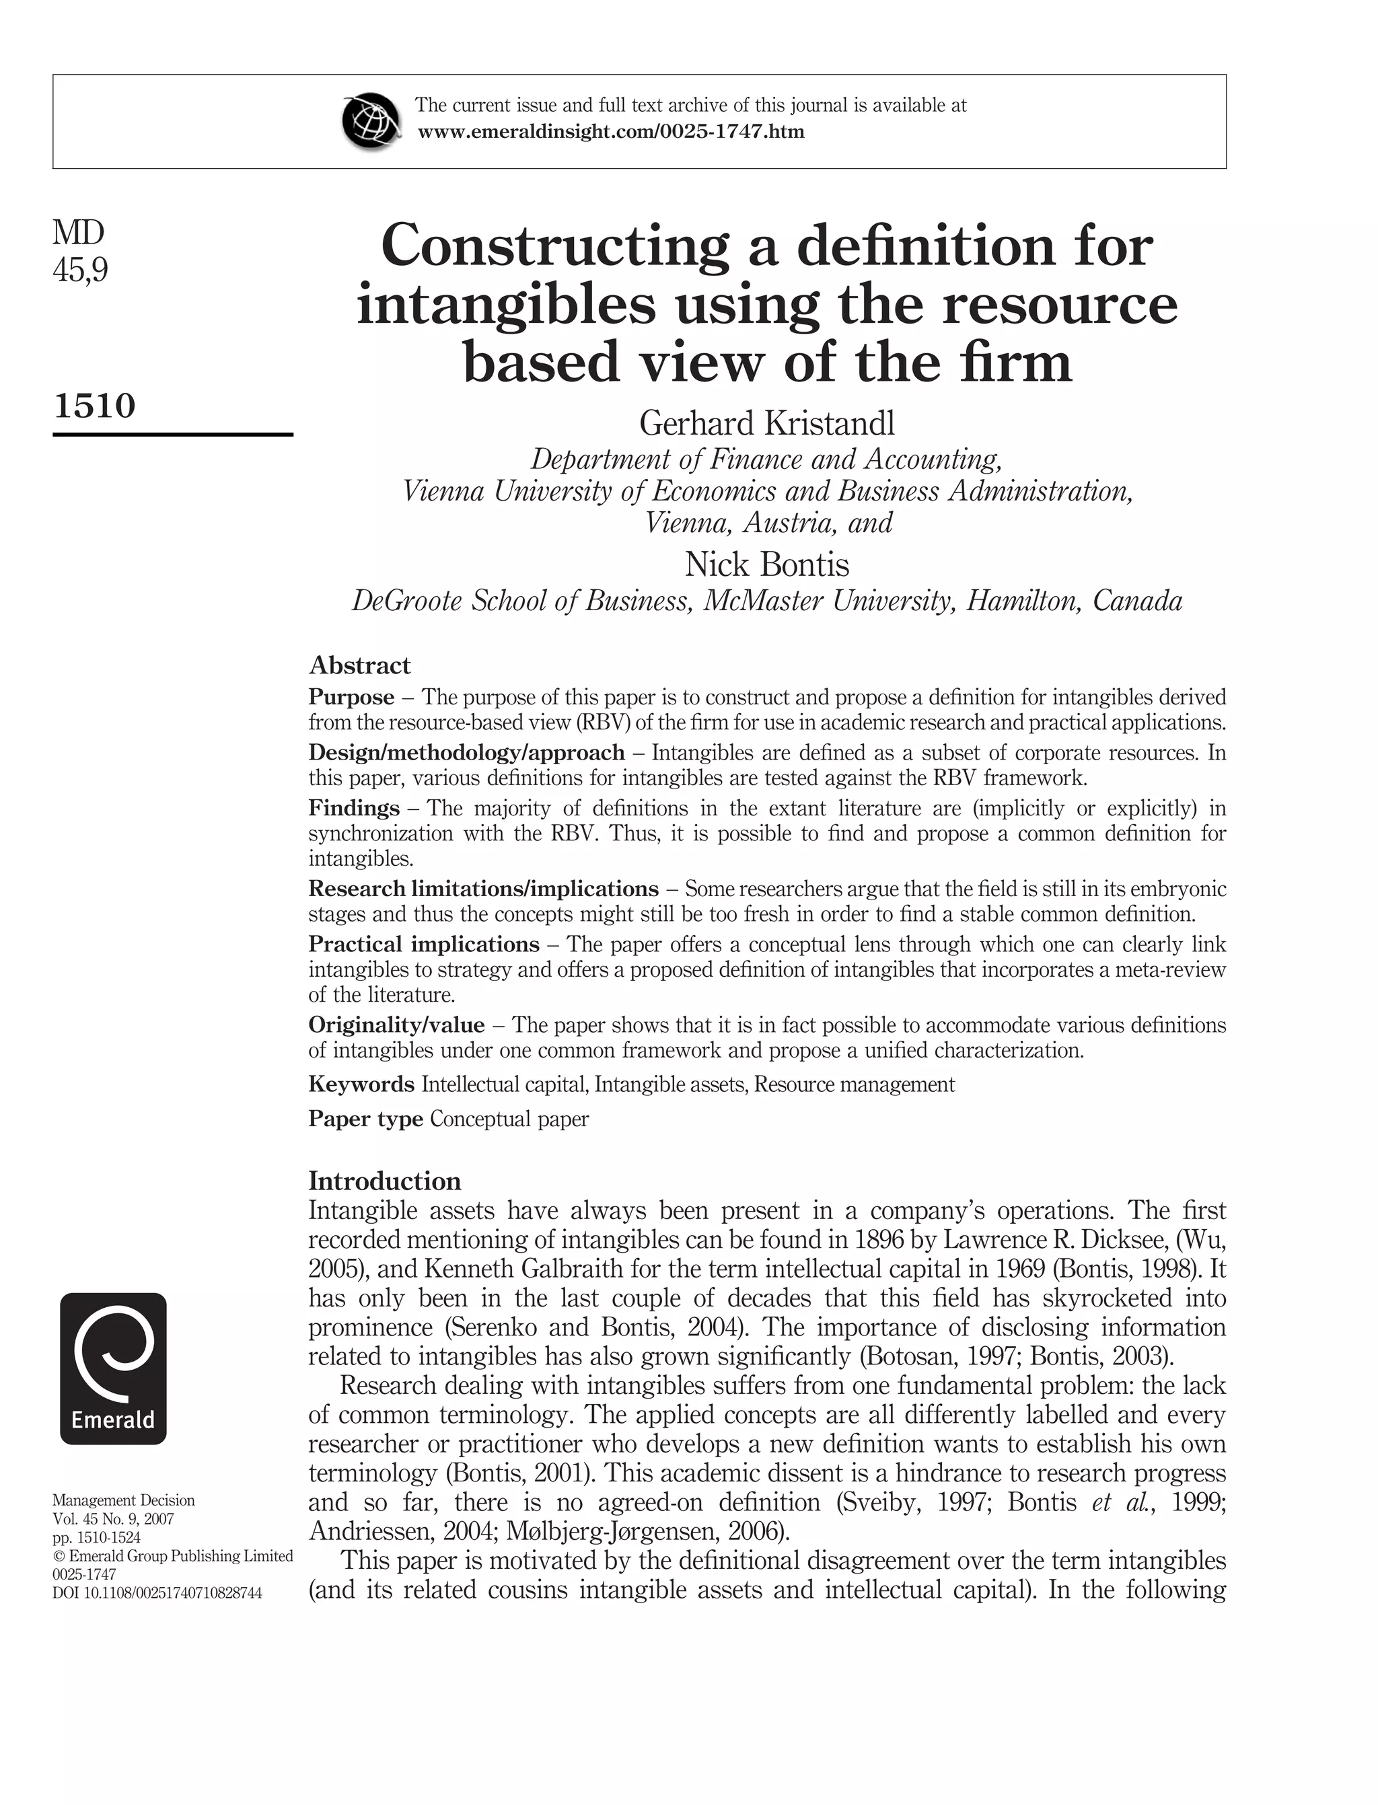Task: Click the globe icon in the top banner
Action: pos(371,120)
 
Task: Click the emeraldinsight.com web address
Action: pos(611,131)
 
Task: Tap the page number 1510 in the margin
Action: pos(94,405)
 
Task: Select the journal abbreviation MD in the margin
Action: pos(79,233)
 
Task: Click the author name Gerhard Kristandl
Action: pos(767,423)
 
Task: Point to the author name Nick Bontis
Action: pos(767,564)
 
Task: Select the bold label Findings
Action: pos(353,808)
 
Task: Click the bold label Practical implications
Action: pos(423,944)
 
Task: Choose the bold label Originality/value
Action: pos(396,1025)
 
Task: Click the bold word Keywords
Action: pos(361,1084)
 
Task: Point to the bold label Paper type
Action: pos(365,1119)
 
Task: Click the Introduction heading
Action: pos(385,1181)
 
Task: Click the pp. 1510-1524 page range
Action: pos(97,1538)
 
